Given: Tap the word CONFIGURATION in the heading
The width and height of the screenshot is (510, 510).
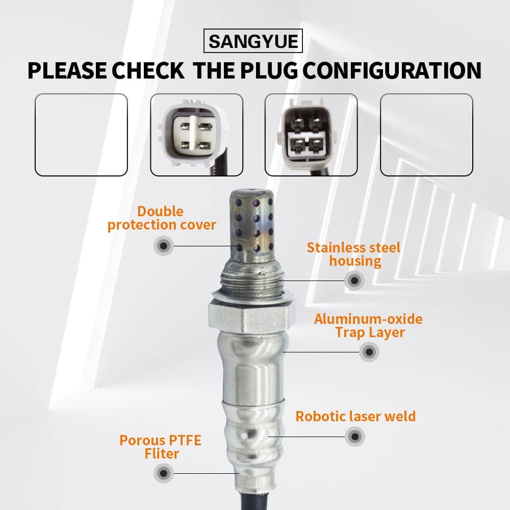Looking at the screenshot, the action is click(392, 70).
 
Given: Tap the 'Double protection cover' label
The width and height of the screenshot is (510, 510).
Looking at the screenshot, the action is click(162, 218).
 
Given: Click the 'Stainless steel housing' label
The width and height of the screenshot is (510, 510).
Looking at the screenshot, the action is click(354, 254).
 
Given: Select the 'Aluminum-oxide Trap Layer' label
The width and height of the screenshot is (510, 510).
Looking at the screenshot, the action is click(369, 326).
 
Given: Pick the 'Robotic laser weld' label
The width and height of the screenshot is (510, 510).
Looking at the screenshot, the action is click(355, 416).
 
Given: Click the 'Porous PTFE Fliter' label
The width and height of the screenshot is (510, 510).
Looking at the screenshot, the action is click(161, 447).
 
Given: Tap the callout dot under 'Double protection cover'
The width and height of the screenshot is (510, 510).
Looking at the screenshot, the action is click(163, 246).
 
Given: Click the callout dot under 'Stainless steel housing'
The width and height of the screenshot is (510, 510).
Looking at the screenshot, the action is click(354, 280).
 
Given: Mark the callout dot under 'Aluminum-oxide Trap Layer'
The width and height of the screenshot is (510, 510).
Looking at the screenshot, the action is click(369, 351).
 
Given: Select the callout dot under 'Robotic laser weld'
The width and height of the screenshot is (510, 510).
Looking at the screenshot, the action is click(355, 437).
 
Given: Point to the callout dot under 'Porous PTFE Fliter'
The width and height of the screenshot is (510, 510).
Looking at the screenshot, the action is click(163, 473).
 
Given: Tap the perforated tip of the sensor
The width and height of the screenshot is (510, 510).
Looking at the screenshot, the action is click(251, 224).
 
